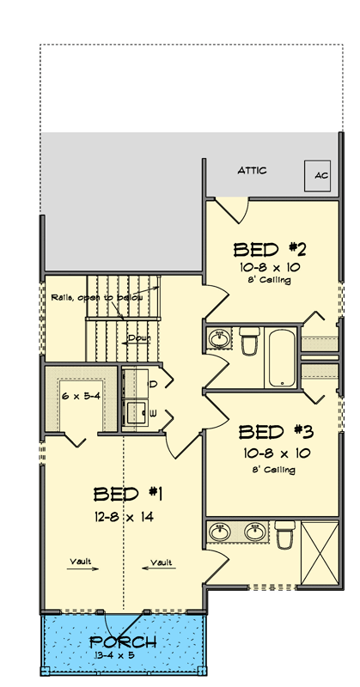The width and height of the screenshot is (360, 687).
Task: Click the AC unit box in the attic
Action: [320, 175]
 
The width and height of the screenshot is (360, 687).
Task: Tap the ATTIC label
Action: [252, 171]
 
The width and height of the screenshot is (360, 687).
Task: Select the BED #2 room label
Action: [271, 250]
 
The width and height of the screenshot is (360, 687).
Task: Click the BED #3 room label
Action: [274, 431]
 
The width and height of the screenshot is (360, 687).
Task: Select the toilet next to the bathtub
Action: [249, 342]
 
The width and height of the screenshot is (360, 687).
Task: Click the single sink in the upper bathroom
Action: [220, 339]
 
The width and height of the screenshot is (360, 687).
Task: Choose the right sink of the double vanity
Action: [254, 533]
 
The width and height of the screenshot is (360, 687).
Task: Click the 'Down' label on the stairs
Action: [138, 338]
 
